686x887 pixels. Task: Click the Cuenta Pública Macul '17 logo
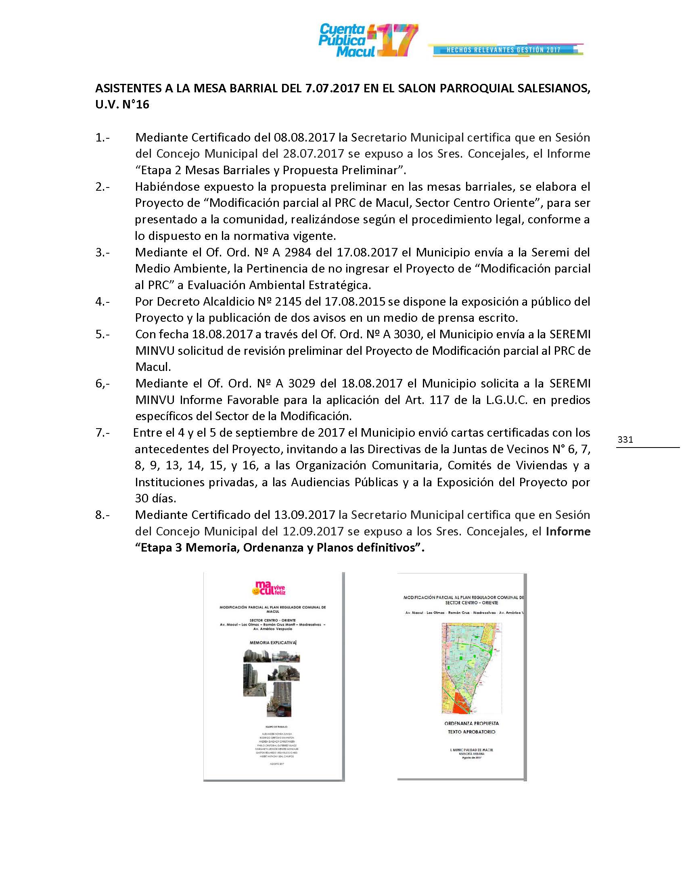click(x=367, y=40)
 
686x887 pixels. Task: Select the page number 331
click(x=625, y=439)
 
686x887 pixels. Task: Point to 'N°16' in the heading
click(x=135, y=104)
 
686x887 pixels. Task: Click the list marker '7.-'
click(x=102, y=433)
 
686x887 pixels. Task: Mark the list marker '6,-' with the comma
click(x=102, y=383)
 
